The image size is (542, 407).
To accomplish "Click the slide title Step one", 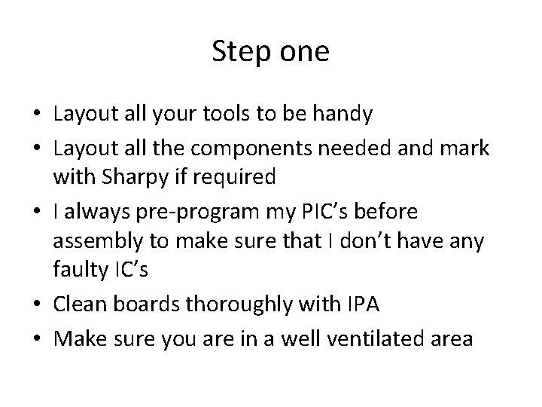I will [x=270, y=52].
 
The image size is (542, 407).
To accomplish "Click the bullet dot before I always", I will [x=38, y=212].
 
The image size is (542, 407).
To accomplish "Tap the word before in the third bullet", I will [x=406, y=211].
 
